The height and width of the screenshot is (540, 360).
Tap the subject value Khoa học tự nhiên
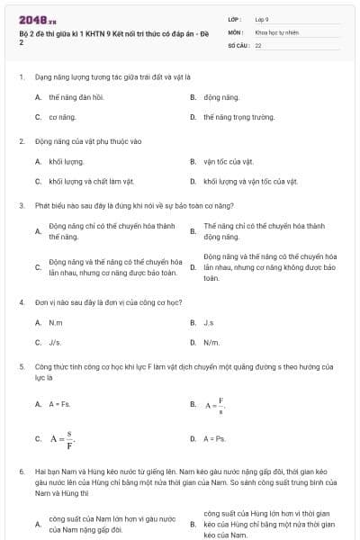(x=274, y=31)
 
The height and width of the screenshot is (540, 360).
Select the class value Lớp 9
(x=263, y=18)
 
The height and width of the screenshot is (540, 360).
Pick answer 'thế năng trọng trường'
(x=238, y=117)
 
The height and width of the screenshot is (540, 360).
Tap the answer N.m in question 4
(x=56, y=322)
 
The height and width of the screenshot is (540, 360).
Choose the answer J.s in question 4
(x=208, y=322)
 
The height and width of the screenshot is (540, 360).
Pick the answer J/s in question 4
(x=55, y=343)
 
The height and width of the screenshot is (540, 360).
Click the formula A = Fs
(x=58, y=404)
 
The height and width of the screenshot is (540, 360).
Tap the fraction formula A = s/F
(x=62, y=439)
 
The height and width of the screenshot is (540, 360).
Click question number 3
(x=21, y=205)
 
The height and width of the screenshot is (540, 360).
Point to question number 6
(x=21, y=471)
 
